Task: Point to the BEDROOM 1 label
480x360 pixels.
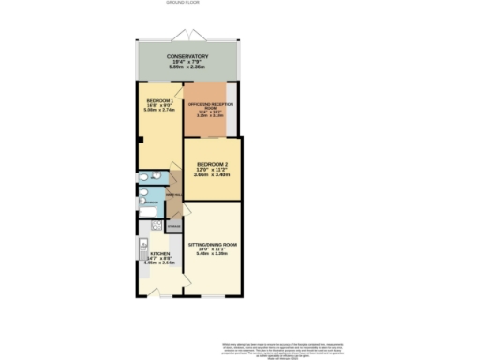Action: tap(157, 99)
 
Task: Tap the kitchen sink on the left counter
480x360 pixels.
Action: tap(142, 243)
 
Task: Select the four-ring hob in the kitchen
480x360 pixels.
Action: tap(157, 225)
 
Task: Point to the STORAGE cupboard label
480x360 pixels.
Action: tap(173, 226)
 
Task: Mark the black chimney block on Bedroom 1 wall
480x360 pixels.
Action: tap(140, 141)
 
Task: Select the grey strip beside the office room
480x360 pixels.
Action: tap(232, 112)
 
